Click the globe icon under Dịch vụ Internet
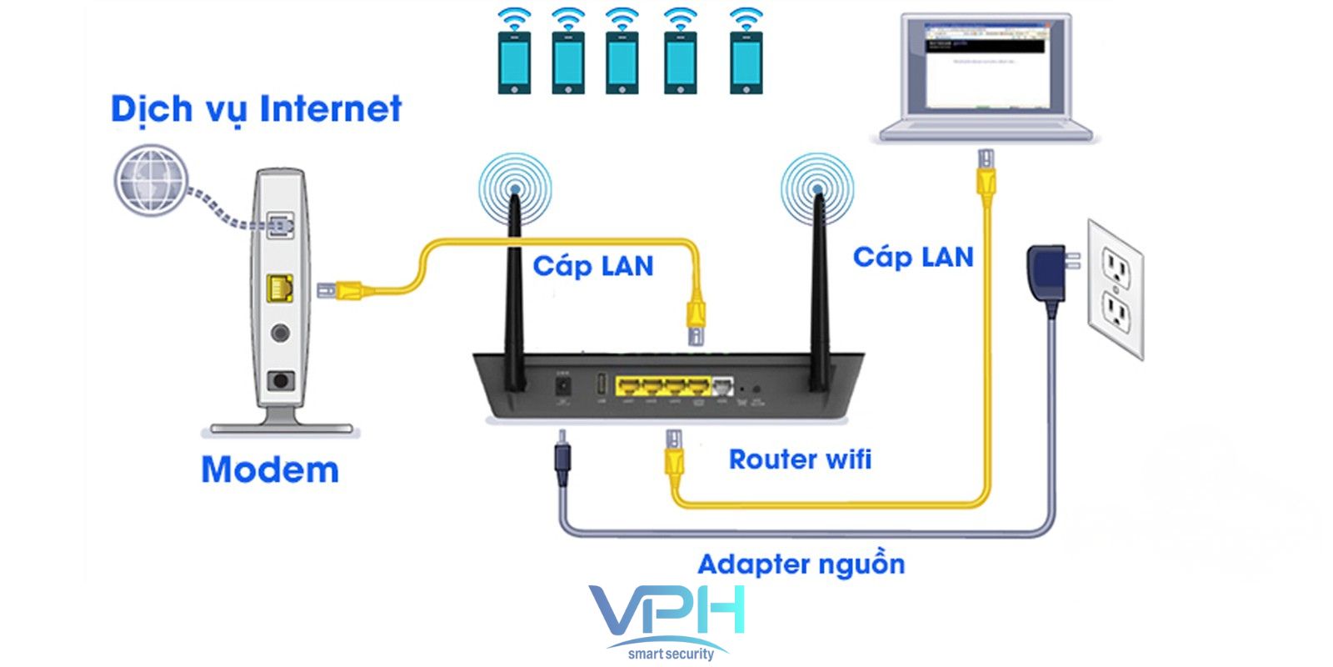[x=150, y=180]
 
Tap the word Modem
[x=270, y=470]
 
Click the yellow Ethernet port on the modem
[x=280, y=288]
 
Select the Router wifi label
[x=800, y=459]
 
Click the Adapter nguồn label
[x=801, y=564]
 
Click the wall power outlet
[x=1116, y=288]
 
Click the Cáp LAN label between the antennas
[x=592, y=266]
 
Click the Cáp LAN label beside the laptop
[x=913, y=257]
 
